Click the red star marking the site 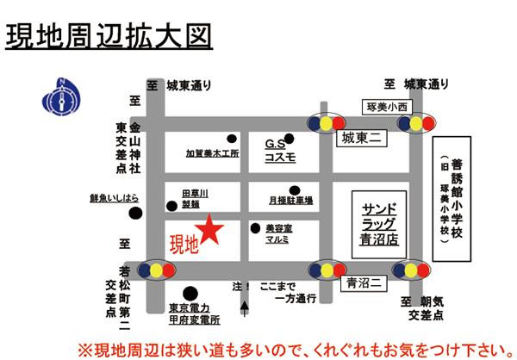(211, 230)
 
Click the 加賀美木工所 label (212, 153)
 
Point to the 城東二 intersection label (360, 137)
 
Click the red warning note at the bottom (290, 349)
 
